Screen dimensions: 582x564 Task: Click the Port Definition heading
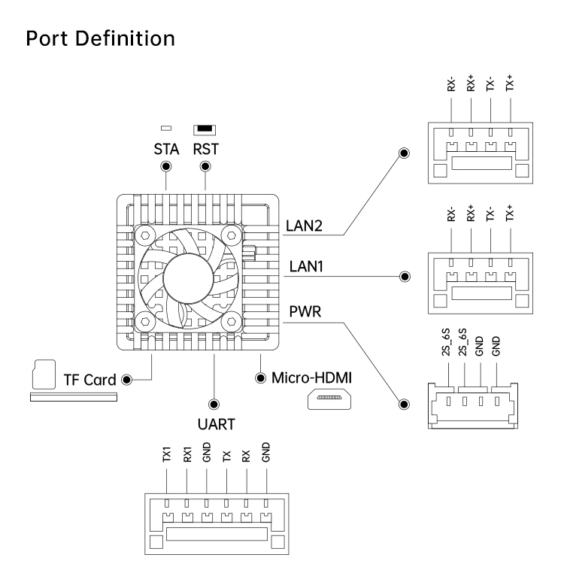point(100,38)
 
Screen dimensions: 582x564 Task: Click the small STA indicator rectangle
point(165,129)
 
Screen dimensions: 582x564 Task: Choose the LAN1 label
point(303,265)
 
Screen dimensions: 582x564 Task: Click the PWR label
point(302,308)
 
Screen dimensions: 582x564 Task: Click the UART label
point(215,424)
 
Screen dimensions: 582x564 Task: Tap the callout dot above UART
point(214,403)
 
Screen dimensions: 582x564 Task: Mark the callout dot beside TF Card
point(126,379)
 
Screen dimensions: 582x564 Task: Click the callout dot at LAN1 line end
point(406,277)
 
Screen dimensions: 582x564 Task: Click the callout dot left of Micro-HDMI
point(261,377)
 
